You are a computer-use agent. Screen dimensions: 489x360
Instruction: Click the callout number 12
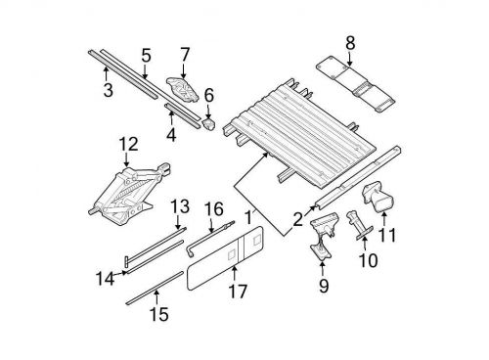tap(128, 145)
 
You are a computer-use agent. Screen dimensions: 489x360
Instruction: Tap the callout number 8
tap(350, 43)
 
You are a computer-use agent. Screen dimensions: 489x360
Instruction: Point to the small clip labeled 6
tap(209, 124)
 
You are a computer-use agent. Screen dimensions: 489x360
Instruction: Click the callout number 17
tap(238, 291)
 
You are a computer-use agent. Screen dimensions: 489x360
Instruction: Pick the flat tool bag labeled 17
tap(225, 258)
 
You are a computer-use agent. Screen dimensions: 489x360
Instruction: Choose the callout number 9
tap(324, 286)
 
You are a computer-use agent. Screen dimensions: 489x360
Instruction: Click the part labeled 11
tap(378, 197)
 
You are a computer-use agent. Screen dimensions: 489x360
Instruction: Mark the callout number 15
tap(159, 314)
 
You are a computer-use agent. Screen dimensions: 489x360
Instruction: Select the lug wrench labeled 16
tap(208, 238)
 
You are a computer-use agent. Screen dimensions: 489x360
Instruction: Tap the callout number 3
tap(109, 90)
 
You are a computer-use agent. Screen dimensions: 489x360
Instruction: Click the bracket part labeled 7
tap(183, 89)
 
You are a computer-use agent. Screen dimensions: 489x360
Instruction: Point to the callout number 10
tap(368, 260)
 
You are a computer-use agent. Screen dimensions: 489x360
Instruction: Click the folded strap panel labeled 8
tap(356, 84)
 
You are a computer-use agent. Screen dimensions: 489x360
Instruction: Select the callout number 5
tap(147, 56)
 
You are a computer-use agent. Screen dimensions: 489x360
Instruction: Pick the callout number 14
tap(106, 279)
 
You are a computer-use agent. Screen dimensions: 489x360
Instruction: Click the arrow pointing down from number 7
tap(183, 71)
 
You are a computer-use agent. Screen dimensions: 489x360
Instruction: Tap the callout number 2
tap(298, 219)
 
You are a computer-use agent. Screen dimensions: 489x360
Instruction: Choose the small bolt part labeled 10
tap(358, 225)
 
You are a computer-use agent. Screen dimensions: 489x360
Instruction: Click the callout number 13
tap(180, 206)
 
